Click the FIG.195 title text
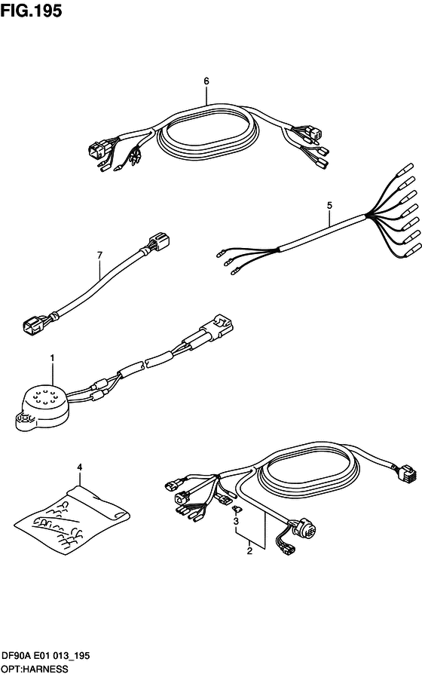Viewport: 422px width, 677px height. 31,11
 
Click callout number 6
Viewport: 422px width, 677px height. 206,81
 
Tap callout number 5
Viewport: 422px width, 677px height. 329,206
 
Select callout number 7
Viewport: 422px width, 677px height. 99,255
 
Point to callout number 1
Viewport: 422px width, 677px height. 52,358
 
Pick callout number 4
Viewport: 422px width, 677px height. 79,467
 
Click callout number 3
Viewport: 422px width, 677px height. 236,522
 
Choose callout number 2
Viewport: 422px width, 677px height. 249,551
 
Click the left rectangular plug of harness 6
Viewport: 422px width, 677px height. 96,151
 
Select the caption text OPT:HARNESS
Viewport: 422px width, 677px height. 34,669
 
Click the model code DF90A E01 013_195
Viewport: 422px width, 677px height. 45,655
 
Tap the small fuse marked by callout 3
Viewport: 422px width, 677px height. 237,510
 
